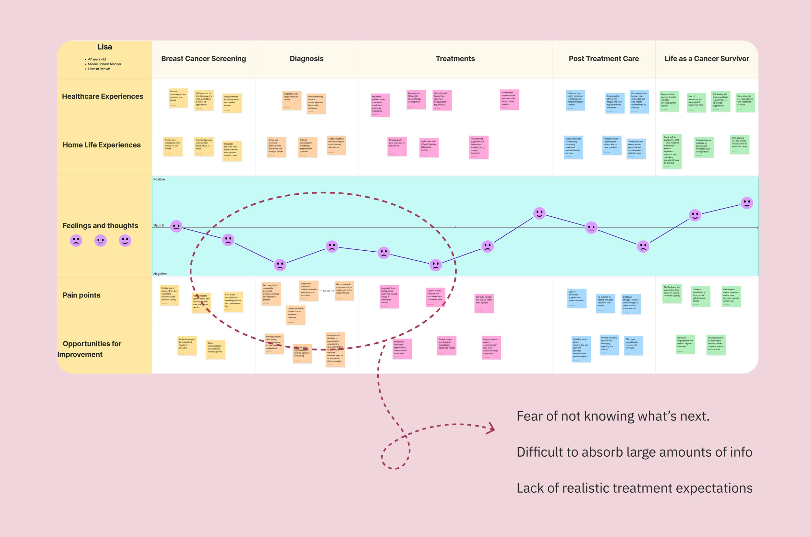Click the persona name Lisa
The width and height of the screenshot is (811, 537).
(104, 47)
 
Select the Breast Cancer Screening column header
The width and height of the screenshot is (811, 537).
(203, 59)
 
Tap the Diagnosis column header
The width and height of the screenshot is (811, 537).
(307, 59)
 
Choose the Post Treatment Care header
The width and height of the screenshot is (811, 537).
(603, 59)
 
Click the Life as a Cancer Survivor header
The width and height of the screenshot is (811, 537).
(707, 59)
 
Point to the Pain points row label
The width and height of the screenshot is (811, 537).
(82, 295)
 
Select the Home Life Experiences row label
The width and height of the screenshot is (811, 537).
(102, 145)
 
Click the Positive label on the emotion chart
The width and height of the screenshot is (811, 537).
(159, 179)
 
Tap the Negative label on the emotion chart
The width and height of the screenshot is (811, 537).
(160, 274)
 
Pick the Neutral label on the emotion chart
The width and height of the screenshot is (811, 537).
(159, 225)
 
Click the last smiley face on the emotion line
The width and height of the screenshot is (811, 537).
(746, 203)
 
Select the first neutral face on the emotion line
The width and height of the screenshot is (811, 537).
(176, 226)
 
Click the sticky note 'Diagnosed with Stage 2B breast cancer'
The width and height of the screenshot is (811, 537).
(292, 100)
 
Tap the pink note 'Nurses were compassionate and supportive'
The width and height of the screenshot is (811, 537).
(509, 99)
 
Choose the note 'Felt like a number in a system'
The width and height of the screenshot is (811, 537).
(484, 303)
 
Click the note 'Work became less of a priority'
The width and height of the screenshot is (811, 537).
(739, 144)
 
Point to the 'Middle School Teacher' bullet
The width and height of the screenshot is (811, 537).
(104, 64)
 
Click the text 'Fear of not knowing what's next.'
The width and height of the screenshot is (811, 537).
(613, 417)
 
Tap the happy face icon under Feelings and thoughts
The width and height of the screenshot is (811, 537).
(125, 240)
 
